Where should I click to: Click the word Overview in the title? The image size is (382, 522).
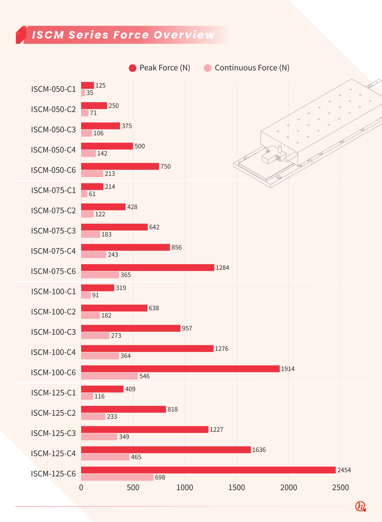pos(184,35)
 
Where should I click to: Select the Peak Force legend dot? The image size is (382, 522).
pos(132,68)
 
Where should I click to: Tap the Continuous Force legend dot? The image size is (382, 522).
pos(207,68)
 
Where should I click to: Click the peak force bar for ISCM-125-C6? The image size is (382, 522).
pos(208,470)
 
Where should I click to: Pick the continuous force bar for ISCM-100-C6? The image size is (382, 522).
pos(109,376)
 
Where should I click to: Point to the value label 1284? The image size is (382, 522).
pos(222,268)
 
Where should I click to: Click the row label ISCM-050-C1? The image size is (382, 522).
pos(53,89)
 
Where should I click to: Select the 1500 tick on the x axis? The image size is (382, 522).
pos(237,488)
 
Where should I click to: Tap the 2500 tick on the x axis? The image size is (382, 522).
pos(340,488)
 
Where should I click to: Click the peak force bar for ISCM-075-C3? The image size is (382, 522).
pos(114,227)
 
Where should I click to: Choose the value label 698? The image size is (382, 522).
pos(160,477)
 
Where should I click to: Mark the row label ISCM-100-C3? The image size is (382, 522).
pos(53,332)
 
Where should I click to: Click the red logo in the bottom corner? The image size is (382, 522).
pos(361,506)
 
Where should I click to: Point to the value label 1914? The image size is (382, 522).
pos(288,369)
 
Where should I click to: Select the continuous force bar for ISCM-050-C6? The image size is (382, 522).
pos(92,174)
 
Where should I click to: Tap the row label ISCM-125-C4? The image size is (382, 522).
pos(53,454)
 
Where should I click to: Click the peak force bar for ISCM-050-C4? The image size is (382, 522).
pos(107,146)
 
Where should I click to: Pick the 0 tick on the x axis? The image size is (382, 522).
pos(81,488)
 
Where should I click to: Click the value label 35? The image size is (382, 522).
pos(90,93)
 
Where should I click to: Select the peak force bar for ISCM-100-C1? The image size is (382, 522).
pos(98,288)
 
